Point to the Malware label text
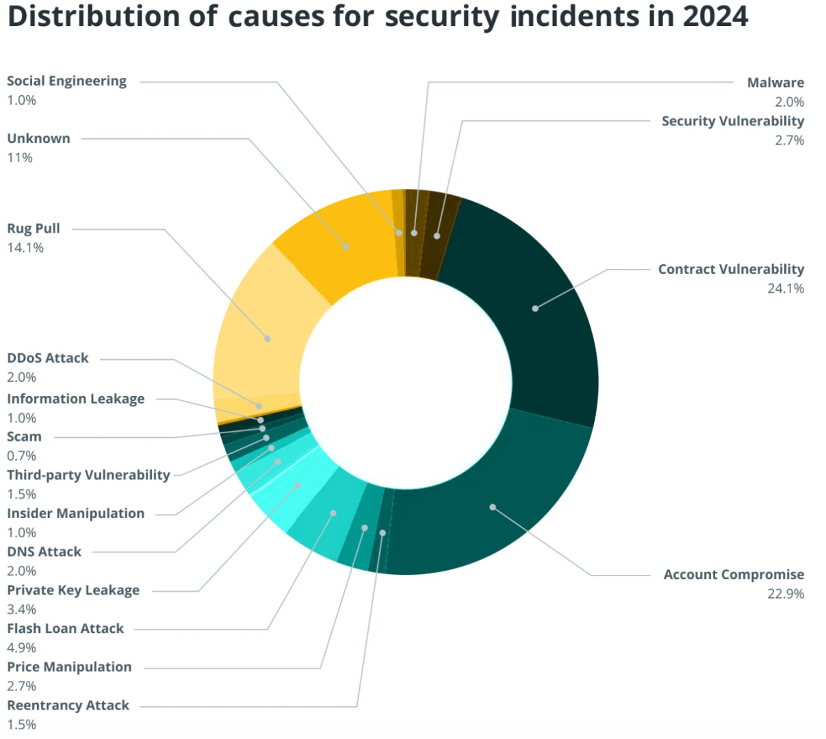click(775, 83)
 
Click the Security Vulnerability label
click(732, 121)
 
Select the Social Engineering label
click(66, 81)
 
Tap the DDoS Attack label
click(48, 358)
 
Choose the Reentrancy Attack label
click(68, 705)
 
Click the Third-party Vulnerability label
click(88, 475)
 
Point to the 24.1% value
click(785, 289)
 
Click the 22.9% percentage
click(785, 594)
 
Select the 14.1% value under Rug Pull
click(25, 248)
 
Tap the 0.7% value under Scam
click(21, 456)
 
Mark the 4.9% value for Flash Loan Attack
click(21, 647)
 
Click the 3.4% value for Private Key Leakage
click(21, 609)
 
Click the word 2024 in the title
click(715, 16)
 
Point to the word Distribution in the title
click(93, 16)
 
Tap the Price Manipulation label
click(69, 667)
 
